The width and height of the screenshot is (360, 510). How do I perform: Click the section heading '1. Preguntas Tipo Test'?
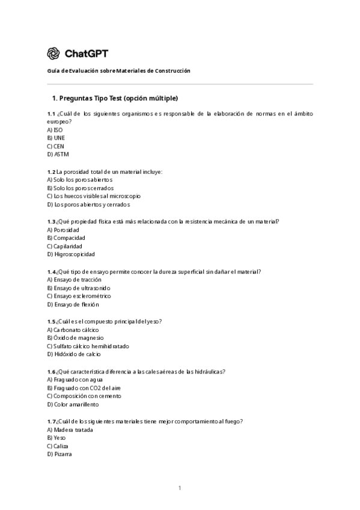115,97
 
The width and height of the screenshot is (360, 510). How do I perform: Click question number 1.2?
51,171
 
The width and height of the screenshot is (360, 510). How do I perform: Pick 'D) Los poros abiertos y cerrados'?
88,204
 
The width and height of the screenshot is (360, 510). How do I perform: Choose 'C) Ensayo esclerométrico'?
79,296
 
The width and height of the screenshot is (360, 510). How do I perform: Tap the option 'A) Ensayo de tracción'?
74,280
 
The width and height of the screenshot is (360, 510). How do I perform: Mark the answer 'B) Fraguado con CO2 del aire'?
84,388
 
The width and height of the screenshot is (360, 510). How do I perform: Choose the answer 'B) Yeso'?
56,438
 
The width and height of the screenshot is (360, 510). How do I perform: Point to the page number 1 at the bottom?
180,488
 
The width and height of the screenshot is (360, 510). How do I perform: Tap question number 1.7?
51,421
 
